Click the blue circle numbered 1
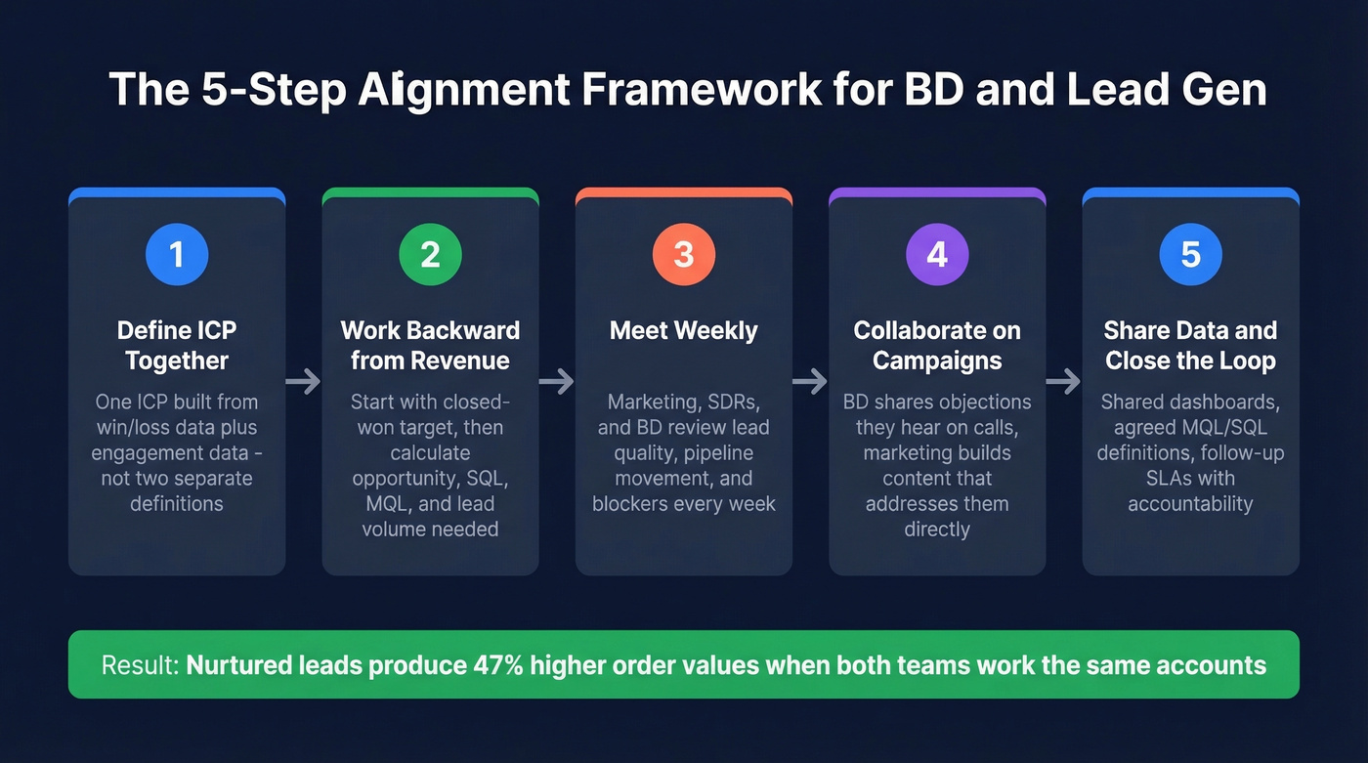[177, 254]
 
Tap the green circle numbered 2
[430, 254]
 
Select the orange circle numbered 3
[684, 254]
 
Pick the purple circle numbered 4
[937, 254]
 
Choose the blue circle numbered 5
[1190, 254]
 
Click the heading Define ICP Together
[177, 346]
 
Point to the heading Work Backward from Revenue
[430, 346]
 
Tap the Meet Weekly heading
[684, 331]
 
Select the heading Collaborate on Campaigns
[937, 346]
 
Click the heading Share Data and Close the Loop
[1190, 346]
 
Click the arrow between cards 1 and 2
[304, 381]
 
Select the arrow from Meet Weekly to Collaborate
[810, 381]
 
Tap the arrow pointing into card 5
[1064, 381]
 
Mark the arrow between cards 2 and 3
[557, 381]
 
